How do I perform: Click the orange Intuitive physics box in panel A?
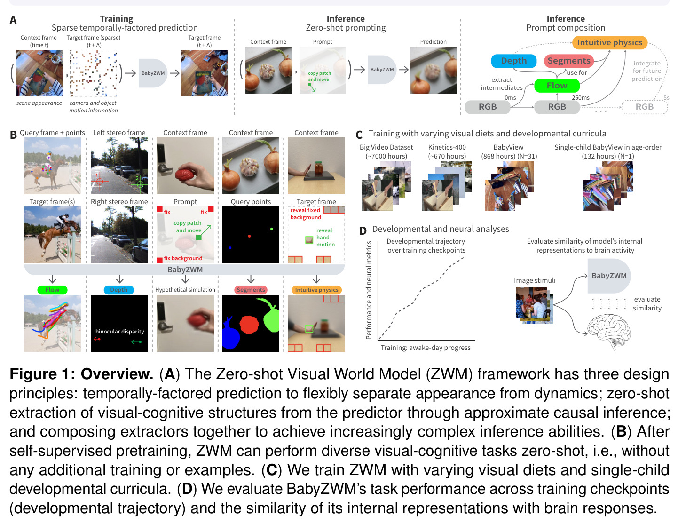click(x=609, y=42)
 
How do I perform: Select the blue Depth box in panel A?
click(x=513, y=61)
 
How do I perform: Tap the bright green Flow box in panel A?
click(x=557, y=86)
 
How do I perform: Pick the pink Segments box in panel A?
click(x=568, y=61)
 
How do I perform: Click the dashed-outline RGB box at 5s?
click(x=644, y=107)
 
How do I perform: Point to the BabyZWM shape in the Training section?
click(x=153, y=73)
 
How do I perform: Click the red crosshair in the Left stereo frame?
click(x=100, y=181)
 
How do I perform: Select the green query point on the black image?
click(x=271, y=229)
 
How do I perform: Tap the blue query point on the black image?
click(x=230, y=248)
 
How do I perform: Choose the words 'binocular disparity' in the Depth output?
click(x=119, y=332)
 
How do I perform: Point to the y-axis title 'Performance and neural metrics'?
click(x=369, y=290)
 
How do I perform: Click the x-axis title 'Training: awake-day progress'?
click(x=426, y=348)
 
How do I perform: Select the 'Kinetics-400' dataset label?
click(x=447, y=147)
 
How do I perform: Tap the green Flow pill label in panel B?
click(x=52, y=290)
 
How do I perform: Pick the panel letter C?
click(x=359, y=135)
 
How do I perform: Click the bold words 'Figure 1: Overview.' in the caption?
click(x=81, y=374)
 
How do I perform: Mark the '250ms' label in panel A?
click(x=580, y=98)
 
